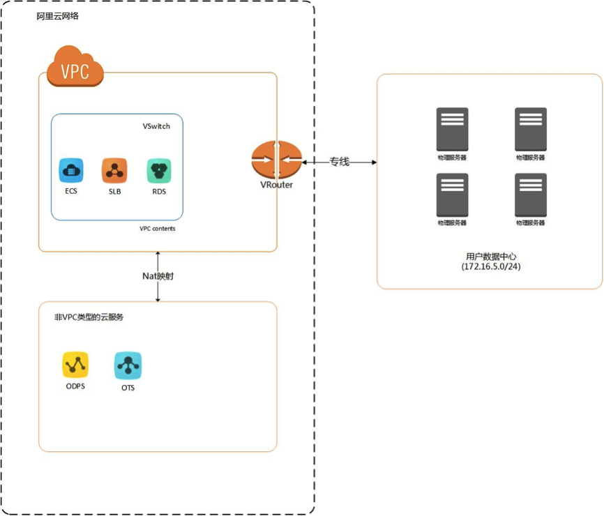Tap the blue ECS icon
click(x=71, y=170)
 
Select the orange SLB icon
click(x=114, y=170)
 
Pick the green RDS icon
click(x=159, y=170)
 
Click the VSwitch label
click(x=156, y=126)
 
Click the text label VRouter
click(x=277, y=185)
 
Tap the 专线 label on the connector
click(x=339, y=162)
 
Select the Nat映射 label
click(x=158, y=276)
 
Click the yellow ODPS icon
click(x=75, y=365)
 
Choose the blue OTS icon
click(x=128, y=365)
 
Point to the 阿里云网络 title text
click(x=58, y=16)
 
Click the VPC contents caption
click(x=158, y=229)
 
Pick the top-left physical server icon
click(x=452, y=130)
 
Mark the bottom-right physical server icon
click(x=530, y=195)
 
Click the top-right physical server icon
click(x=530, y=130)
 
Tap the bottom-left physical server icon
click(x=452, y=195)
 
